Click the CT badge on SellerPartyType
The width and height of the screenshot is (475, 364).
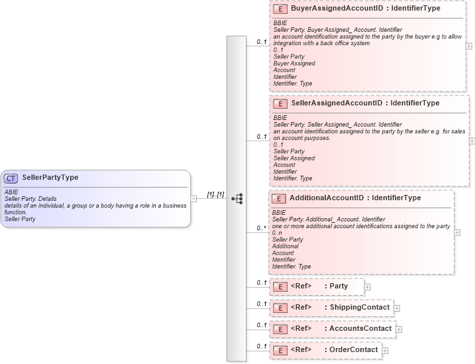point(11,178)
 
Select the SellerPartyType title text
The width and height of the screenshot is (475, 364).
point(50,178)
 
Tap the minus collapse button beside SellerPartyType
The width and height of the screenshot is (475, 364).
point(193,198)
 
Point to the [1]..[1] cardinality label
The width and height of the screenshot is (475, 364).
point(216,194)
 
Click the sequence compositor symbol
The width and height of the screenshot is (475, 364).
point(237,198)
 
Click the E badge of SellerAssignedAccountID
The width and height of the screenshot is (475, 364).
point(280,104)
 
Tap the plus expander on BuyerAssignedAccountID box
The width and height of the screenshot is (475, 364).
point(469,46)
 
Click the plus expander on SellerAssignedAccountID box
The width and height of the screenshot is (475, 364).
point(472,141)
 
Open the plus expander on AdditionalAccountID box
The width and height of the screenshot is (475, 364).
point(457,233)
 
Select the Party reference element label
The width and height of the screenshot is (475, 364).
point(339,286)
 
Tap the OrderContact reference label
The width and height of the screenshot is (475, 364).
point(354,350)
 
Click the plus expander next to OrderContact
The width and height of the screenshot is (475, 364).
point(385,351)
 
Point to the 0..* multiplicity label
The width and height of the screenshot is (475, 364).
point(262,228)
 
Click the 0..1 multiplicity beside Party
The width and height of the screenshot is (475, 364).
point(262,283)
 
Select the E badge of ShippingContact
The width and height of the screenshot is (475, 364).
point(280,308)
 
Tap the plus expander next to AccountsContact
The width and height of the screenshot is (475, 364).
point(399,330)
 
